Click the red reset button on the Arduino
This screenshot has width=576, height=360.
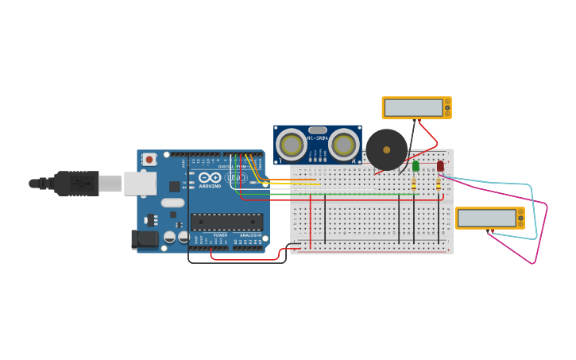(149, 159)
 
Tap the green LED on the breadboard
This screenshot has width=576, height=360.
(416, 166)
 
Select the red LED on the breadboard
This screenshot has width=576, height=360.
(440, 166)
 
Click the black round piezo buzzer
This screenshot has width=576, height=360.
(387, 149)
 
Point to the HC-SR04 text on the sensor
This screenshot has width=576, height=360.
(318, 139)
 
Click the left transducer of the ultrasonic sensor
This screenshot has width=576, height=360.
(292, 145)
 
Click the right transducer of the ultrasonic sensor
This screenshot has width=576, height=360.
(343, 145)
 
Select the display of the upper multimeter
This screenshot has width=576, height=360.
(413, 107)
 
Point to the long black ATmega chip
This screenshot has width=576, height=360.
(226, 222)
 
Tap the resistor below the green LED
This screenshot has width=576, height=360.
(415, 184)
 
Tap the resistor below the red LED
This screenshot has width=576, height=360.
(438, 184)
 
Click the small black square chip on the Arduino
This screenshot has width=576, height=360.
(174, 186)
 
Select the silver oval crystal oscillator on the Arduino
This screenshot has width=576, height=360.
(172, 203)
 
